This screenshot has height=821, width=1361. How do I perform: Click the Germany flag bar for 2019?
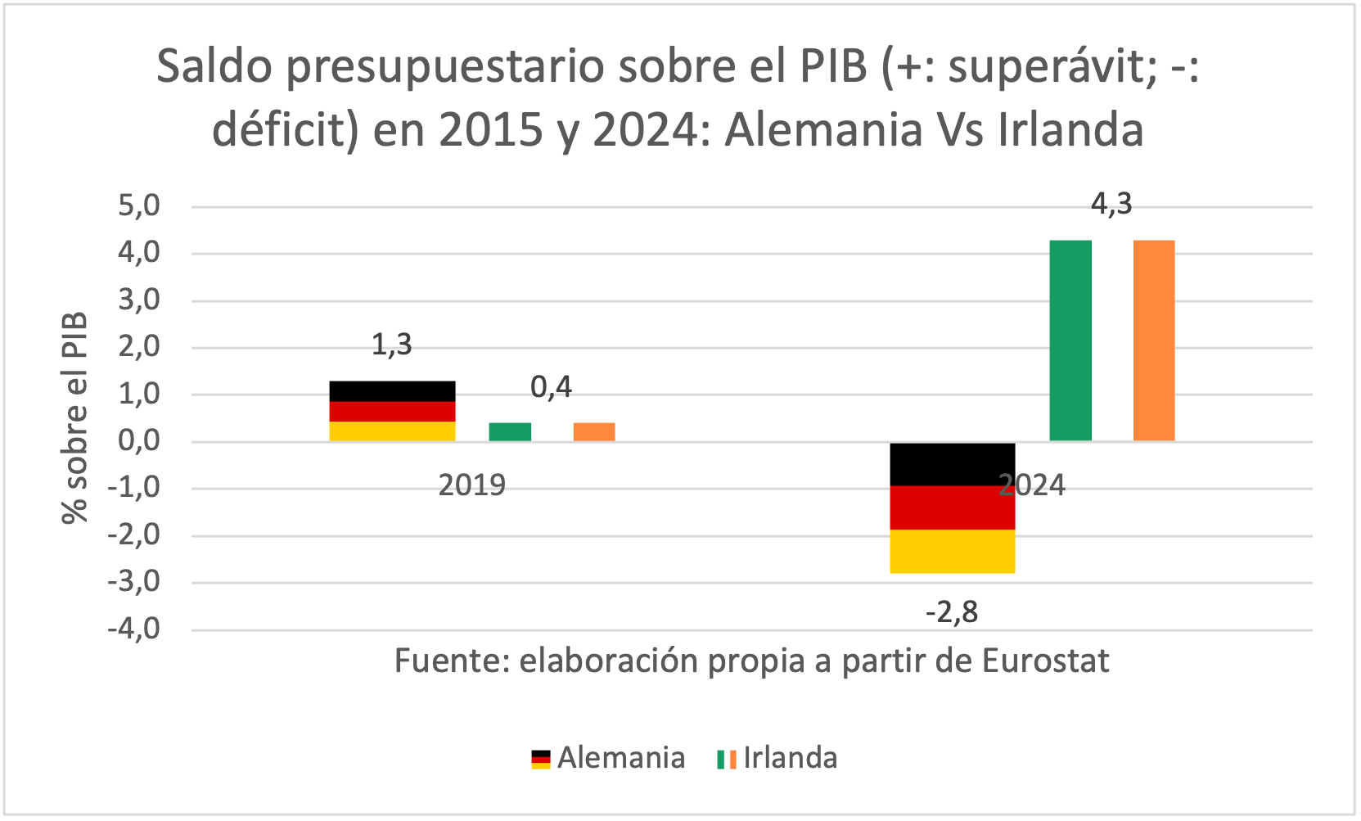click(392, 411)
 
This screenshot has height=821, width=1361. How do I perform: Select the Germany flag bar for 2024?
click(952, 507)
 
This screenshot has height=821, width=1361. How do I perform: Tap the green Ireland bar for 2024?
click(1070, 341)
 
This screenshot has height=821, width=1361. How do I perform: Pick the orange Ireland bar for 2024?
click(1154, 341)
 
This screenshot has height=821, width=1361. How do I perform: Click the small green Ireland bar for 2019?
click(510, 432)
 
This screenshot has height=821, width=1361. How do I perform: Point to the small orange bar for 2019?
click(594, 432)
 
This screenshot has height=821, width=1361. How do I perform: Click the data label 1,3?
click(392, 345)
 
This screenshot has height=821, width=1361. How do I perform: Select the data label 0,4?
click(552, 387)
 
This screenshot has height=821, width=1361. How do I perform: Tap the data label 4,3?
click(1111, 204)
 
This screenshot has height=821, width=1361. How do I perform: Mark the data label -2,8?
click(952, 611)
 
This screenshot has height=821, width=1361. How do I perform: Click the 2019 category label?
click(472, 485)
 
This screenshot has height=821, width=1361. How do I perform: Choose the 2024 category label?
click(1032, 485)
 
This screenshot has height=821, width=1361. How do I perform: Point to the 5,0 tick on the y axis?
click(139, 205)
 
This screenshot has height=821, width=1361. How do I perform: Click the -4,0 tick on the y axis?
click(134, 629)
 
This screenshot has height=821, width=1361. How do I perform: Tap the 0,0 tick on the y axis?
click(139, 441)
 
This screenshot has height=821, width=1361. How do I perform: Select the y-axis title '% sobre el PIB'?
click(74, 417)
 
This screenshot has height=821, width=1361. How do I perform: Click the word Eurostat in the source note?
click(1045, 661)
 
